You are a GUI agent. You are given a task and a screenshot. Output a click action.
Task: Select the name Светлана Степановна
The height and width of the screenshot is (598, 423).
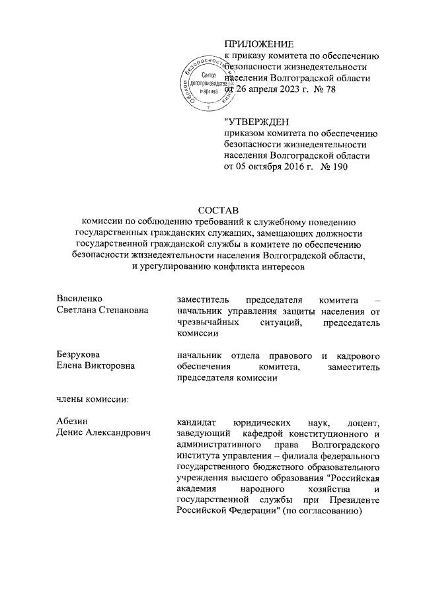[x=102, y=311]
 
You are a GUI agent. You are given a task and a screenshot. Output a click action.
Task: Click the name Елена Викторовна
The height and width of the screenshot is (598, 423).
[x=96, y=367]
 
